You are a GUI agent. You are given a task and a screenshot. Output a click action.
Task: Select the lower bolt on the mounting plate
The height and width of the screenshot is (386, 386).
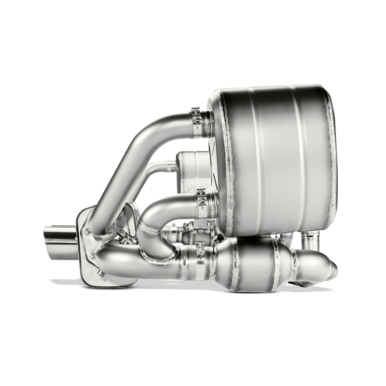pyautogui.click(x=91, y=254)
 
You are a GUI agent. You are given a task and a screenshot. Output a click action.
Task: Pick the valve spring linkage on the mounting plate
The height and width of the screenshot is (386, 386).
pyautogui.click(x=124, y=237)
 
